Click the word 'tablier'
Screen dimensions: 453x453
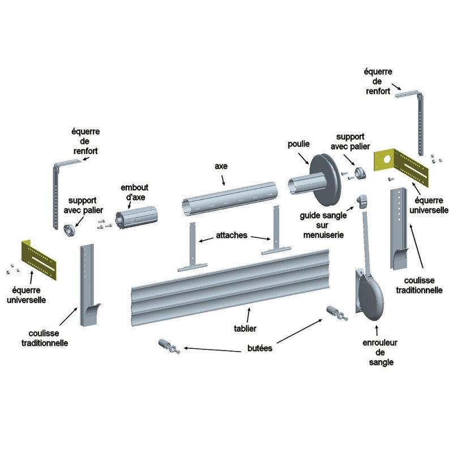(x=245, y=328)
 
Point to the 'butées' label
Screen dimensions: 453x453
(x=260, y=348)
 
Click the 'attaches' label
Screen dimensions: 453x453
(x=232, y=235)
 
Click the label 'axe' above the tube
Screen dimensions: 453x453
(x=221, y=167)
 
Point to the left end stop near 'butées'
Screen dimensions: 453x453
(x=168, y=346)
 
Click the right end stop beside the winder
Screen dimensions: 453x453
(x=335, y=311)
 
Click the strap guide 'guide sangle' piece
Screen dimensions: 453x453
(x=362, y=200)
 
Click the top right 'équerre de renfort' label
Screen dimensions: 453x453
(x=379, y=82)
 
